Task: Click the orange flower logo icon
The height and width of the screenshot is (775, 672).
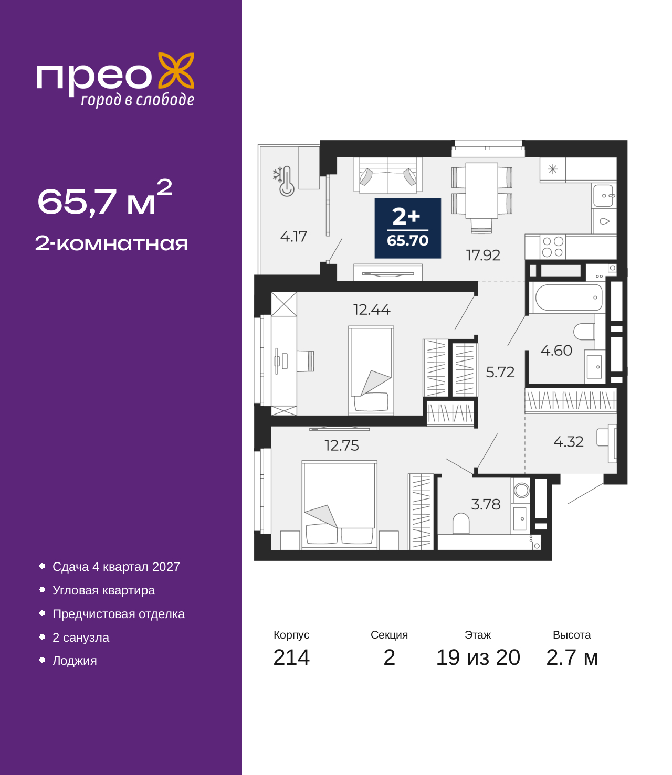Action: click(x=176, y=71)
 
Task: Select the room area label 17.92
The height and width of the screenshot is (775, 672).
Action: click(x=483, y=256)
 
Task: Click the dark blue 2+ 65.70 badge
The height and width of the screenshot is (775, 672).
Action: click(x=407, y=228)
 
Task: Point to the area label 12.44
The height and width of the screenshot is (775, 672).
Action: click(x=372, y=310)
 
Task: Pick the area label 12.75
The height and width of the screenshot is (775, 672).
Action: click(x=341, y=445)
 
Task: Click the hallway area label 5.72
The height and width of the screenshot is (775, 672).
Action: click(x=500, y=372)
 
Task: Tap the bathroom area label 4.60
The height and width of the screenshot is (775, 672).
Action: click(x=556, y=351)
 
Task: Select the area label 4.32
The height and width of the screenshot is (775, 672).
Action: click(x=568, y=442)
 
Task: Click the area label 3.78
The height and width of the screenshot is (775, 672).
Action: click(x=486, y=504)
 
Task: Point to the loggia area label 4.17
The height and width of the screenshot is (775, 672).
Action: click(x=293, y=237)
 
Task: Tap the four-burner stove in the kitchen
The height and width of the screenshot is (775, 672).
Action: click(x=553, y=247)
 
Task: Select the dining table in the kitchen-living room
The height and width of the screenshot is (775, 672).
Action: click(x=482, y=190)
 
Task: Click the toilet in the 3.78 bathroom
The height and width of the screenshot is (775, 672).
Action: click(x=461, y=523)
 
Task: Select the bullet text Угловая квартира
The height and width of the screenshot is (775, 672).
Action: click(x=103, y=590)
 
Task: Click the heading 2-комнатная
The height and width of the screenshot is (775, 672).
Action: click(x=111, y=243)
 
